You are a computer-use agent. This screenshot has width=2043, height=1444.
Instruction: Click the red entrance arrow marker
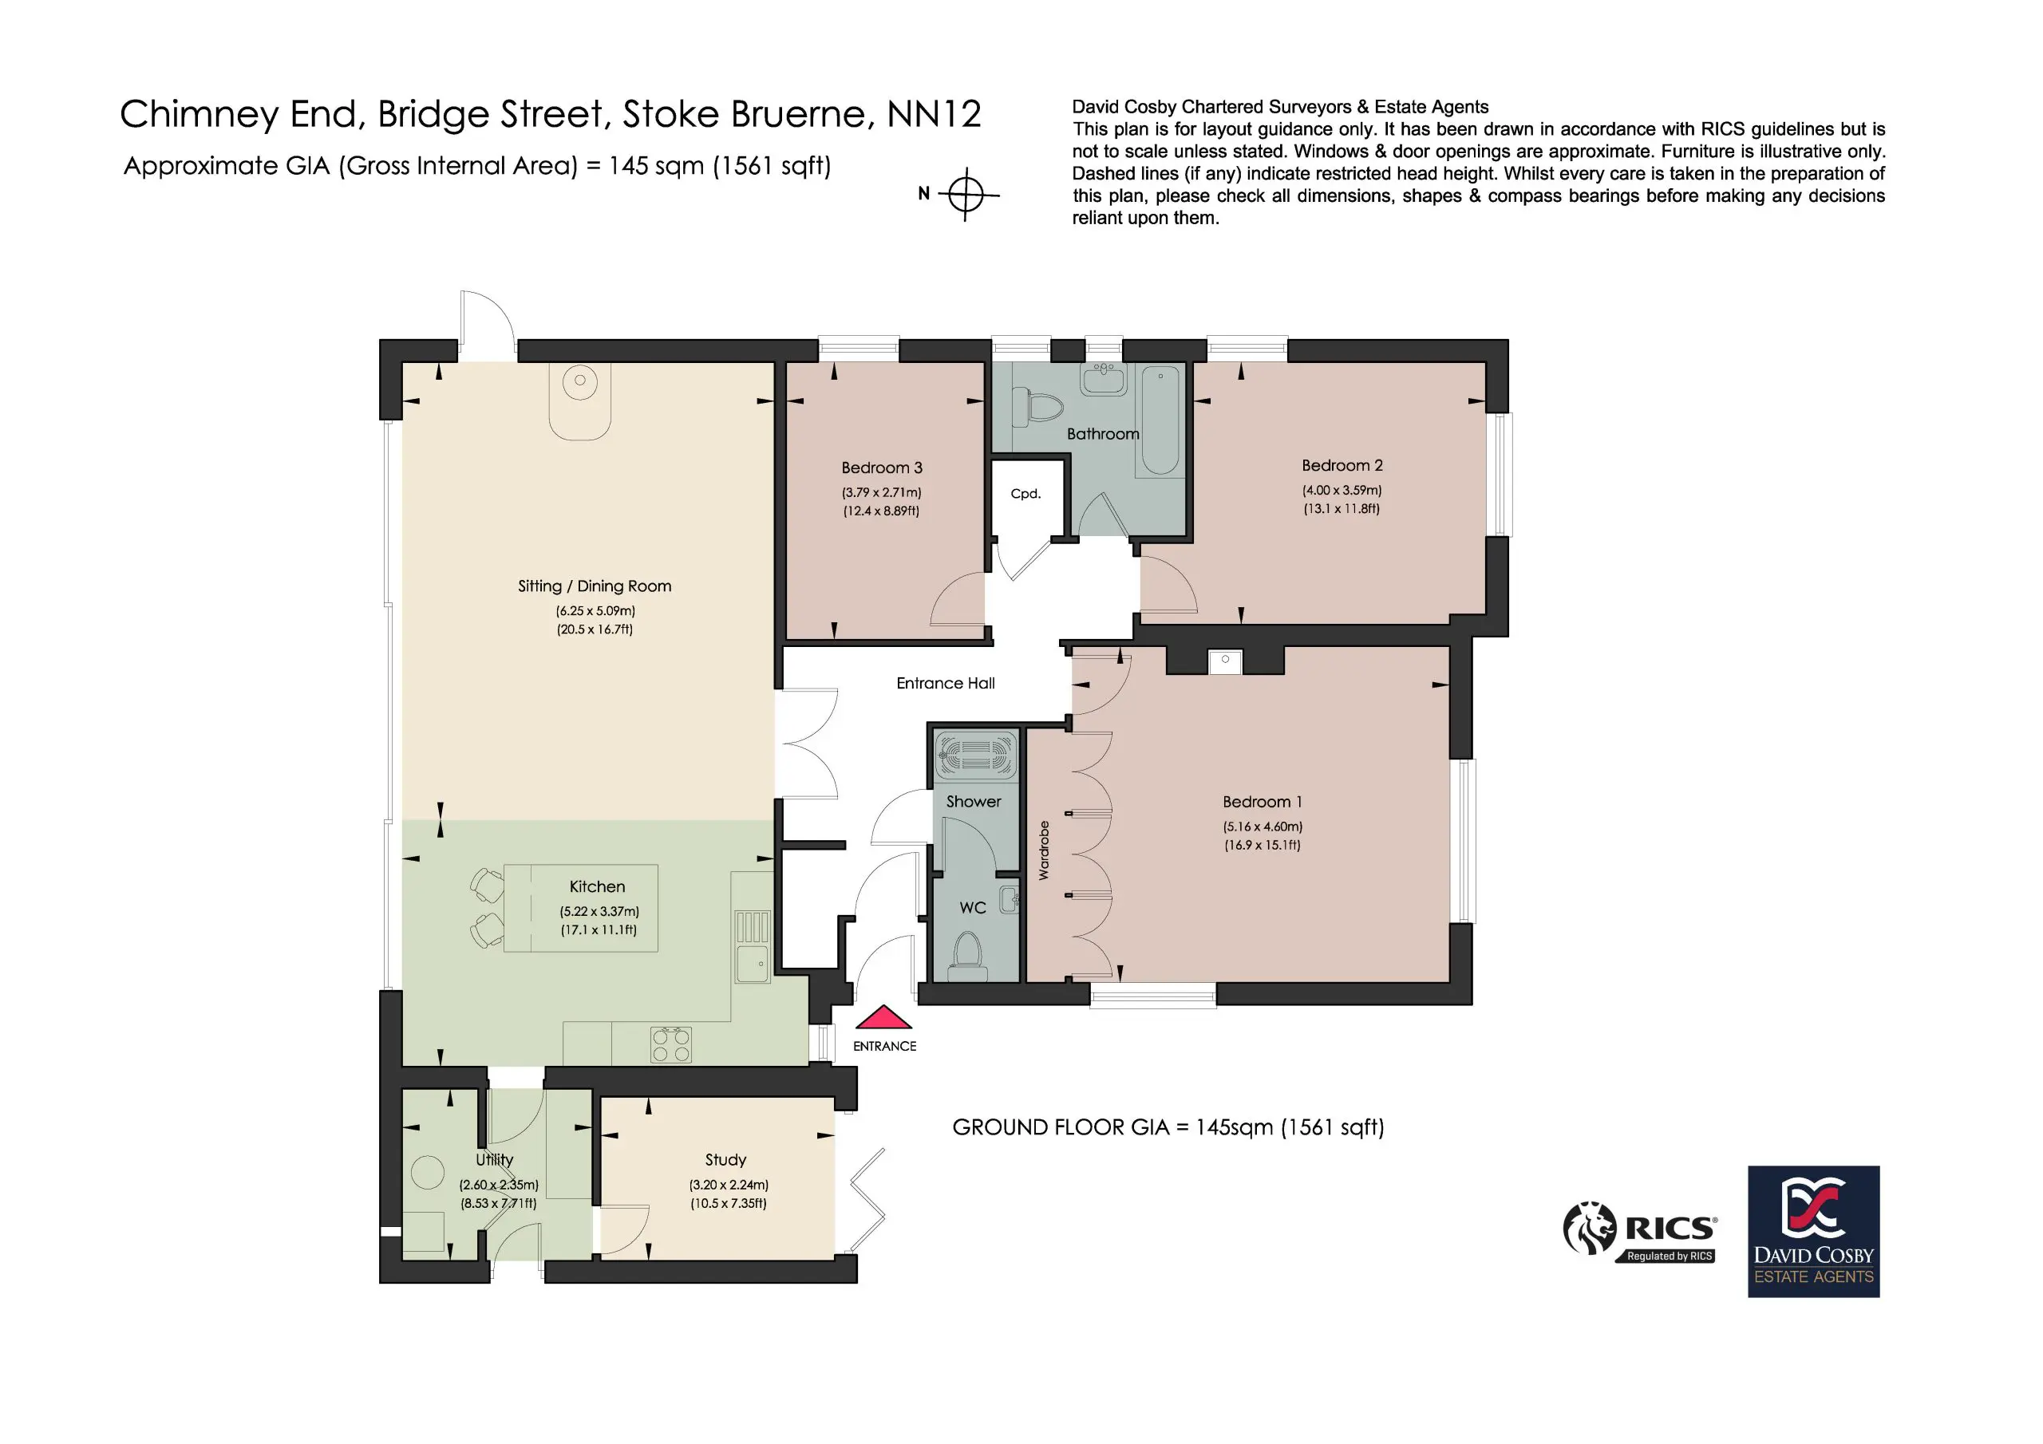(x=883, y=1017)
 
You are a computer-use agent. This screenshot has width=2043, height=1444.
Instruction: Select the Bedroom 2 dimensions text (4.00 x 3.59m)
(x=1342, y=490)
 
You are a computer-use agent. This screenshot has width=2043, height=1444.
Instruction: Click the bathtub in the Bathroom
(x=1160, y=420)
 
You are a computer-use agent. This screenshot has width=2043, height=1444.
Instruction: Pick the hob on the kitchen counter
(x=671, y=1044)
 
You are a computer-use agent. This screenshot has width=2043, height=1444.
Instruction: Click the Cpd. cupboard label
(x=1026, y=494)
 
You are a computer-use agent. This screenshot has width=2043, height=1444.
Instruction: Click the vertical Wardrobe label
(x=1044, y=850)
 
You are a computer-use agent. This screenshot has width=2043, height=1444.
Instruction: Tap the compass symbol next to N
(x=966, y=194)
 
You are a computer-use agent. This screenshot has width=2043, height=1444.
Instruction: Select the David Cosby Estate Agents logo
(x=1813, y=1231)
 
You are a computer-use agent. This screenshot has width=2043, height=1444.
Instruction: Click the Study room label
(x=725, y=1159)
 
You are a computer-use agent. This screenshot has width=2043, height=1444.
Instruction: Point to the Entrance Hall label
(x=945, y=683)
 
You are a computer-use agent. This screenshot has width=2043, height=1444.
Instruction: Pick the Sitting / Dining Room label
(x=595, y=586)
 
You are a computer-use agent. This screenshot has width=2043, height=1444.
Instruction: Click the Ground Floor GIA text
(x=1168, y=1127)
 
